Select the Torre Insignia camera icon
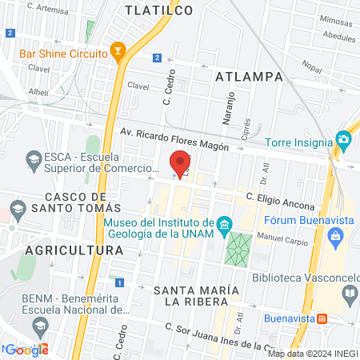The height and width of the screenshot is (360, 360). [x=344, y=141]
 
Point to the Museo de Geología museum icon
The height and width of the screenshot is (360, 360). [x=224, y=222]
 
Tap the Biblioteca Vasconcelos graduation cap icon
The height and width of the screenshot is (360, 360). [x=350, y=294]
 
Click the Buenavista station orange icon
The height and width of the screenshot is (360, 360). [x=322, y=318]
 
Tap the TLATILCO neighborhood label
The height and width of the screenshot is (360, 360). [x=159, y=10]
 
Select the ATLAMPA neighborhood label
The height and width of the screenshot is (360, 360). [x=250, y=76]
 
